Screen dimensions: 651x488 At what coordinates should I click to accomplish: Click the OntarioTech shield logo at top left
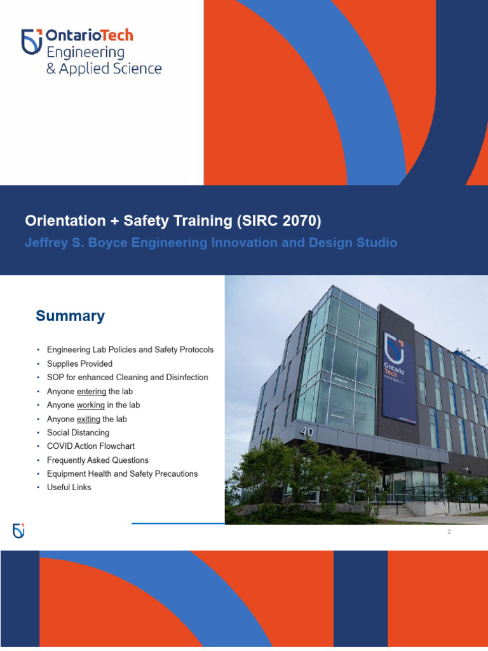32,41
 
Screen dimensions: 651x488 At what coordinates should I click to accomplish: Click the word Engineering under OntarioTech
85,52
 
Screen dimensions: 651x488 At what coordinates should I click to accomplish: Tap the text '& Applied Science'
104,68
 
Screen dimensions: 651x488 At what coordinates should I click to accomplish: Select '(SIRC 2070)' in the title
279,221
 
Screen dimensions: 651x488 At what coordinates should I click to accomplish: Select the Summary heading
70,316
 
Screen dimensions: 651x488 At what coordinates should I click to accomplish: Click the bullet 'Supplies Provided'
79,364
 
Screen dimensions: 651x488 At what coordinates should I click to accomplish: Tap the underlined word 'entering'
91,392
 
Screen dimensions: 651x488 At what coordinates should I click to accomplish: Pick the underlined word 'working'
90,405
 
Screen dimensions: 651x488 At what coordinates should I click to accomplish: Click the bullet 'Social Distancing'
78,432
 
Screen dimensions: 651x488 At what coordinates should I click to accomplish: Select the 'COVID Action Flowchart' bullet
91,446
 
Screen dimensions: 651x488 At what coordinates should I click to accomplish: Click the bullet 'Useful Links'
69,487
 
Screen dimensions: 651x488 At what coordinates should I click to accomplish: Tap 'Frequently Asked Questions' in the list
97,460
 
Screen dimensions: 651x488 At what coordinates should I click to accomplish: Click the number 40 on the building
307,432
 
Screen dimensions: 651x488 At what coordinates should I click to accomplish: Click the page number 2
449,532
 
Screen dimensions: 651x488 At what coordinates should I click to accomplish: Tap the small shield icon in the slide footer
18,531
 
